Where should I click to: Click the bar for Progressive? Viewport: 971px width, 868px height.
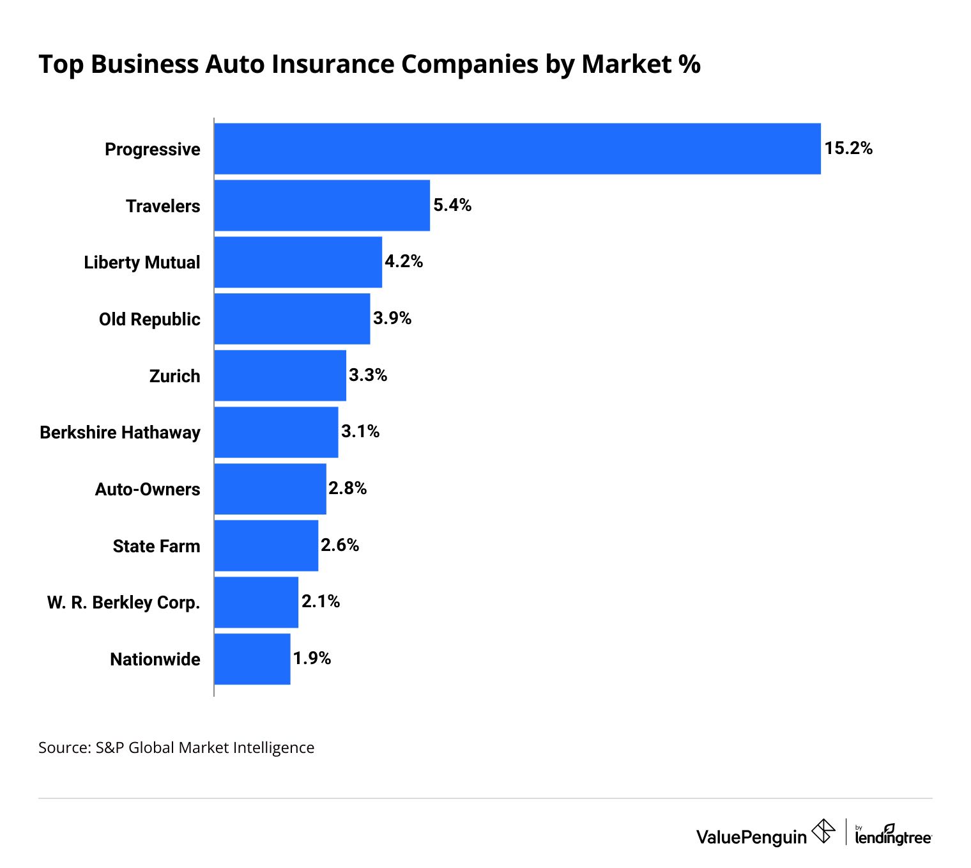click(x=517, y=148)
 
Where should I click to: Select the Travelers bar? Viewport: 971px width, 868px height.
click(x=322, y=205)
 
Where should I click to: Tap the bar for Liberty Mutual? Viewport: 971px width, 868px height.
click(x=298, y=262)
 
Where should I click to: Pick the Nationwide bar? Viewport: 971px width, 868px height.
click(x=252, y=659)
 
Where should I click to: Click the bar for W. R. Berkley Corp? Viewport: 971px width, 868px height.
click(x=256, y=602)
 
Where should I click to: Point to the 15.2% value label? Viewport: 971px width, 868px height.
click(x=848, y=148)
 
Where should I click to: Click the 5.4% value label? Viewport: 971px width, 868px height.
click(x=452, y=205)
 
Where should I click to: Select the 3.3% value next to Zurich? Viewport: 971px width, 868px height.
click(x=368, y=375)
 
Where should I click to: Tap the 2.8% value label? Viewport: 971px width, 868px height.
click(x=348, y=488)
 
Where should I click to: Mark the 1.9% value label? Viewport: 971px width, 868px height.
click(x=312, y=658)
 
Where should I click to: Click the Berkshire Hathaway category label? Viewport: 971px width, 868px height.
click(x=120, y=433)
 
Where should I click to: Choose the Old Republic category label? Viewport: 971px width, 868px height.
click(x=149, y=320)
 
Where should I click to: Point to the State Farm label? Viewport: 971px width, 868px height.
click(x=157, y=546)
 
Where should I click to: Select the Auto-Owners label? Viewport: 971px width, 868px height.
click(x=148, y=490)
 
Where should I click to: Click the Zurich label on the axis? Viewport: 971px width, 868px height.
click(x=174, y=376)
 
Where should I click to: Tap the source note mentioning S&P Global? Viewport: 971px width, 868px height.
click(x=176, y=747)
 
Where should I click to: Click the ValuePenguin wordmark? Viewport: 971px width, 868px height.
click(x=751, y=837)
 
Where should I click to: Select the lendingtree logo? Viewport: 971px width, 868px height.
click(x=892, y=835)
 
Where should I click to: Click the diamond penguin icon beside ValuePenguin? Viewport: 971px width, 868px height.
click(x=823, y=832)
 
